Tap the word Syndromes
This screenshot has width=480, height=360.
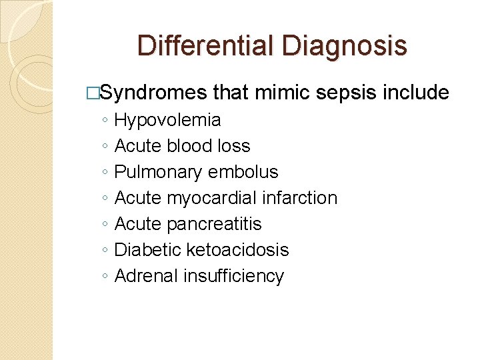click(x=153, y=93)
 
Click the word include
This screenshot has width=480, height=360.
click(x=416, y=93)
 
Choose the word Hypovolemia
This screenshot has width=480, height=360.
click(x=167, y=121)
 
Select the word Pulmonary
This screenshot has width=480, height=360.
click(x=157, y=172)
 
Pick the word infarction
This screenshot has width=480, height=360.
click(x=300, y=198)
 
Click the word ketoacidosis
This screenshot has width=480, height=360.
click(x=237, y=250)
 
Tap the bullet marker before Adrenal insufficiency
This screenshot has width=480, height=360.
click(x=105, y=277)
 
